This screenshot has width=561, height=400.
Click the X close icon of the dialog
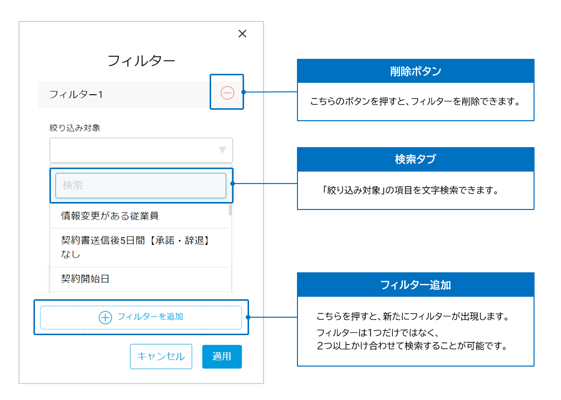click(x=242, y=33)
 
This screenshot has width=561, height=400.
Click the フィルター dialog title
click(x=141, y=61)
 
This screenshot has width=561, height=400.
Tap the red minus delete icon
click(x=227, y=93)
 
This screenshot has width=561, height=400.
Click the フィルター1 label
click(x=76, y=94)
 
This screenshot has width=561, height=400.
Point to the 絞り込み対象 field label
click(x=75, y=128)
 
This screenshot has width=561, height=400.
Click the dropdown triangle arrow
click(x=223, y=150)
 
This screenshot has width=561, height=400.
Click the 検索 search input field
click(x=141, y=186)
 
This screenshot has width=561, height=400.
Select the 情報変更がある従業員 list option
click(x=110, y=216)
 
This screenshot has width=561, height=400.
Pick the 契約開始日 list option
click(x=85, y=279)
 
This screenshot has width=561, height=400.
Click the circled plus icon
click(x=105, y=317)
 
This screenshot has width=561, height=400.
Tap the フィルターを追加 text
click(x=150, y=317)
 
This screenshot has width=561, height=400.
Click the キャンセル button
click(x=161, y=357)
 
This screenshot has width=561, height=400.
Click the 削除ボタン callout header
click(x=416, y=71)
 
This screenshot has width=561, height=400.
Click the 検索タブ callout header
click(x=416, y=160)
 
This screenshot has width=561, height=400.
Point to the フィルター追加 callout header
click(x=416, y=285)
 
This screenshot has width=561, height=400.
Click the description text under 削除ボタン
click(x=415, y=102)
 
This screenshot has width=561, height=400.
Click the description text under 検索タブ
click(x=411, y=190)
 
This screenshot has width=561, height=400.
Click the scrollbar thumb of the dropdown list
click(x=230, y=209)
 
